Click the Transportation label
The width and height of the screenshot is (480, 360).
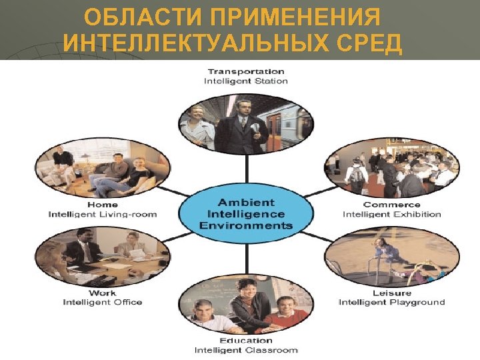pos(246,71)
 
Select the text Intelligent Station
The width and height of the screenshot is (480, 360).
pos(246,81)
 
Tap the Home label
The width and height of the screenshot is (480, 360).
pos(103,205)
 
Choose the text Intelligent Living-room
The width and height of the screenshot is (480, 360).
pos(103,215)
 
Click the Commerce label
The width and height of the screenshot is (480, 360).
pos(392,205)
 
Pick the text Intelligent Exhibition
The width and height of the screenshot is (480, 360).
pos(392,215)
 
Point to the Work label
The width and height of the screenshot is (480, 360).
pos(103,293)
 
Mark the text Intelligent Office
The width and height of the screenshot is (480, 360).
pos(103,302)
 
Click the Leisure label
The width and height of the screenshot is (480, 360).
pos(392,293)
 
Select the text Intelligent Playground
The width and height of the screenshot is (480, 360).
pos(392,302)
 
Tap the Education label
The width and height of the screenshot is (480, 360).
pos(246,341)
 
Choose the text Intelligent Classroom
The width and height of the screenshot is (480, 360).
pos(246,350)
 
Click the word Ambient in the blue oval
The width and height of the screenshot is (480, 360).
pos(246,202)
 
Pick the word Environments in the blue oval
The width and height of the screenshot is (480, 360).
pos(246,225)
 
